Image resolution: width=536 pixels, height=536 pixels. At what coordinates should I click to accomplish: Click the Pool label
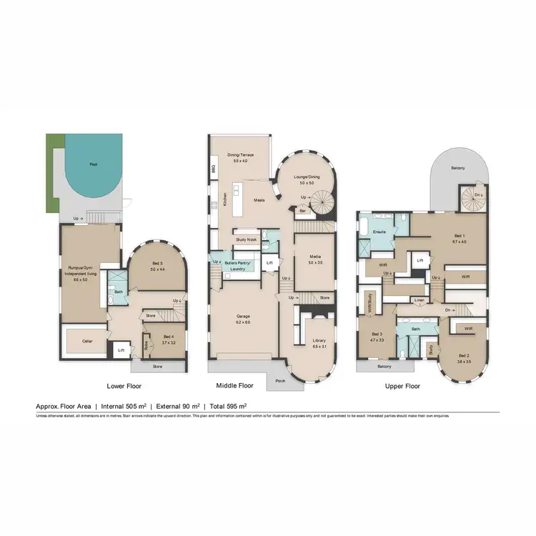click(93, 164)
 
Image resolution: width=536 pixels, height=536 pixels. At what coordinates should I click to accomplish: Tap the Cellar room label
click(88, 341)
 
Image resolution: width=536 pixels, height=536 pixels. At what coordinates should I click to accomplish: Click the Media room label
click(315, 258)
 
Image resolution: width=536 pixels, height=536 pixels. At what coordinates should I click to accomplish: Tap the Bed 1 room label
click(460, 237)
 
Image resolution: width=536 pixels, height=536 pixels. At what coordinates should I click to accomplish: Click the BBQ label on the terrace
click(214, 169)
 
